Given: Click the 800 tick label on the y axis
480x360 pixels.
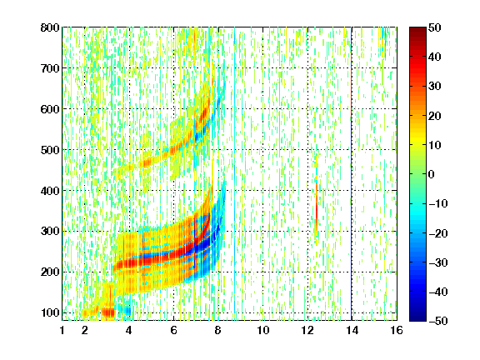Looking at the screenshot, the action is (x=50, y=27).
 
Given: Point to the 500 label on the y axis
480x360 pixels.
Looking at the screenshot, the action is (x=50, y=150).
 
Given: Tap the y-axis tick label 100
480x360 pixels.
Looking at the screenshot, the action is (x=50, y=312).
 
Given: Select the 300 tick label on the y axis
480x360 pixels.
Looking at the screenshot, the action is (x=50, y=231).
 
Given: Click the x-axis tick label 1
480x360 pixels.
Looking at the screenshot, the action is (x=62, y=330).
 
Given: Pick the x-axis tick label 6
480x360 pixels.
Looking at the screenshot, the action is (x=173, y=330).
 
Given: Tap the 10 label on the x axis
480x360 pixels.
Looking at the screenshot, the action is (x=263, y=330).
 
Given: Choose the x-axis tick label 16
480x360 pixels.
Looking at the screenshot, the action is (x=396, y=330).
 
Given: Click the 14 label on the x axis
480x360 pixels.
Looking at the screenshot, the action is (x=352, y=330).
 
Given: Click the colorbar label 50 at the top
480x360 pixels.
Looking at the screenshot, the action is (x=435, y=27).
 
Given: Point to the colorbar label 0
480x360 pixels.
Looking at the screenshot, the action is (x=432, y=174).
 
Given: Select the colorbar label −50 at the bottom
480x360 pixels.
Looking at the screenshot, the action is (x=438, y=321).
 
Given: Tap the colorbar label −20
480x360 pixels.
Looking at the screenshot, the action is (x=438, y=233).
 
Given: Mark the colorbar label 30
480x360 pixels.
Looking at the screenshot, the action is (x=435, y=87).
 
